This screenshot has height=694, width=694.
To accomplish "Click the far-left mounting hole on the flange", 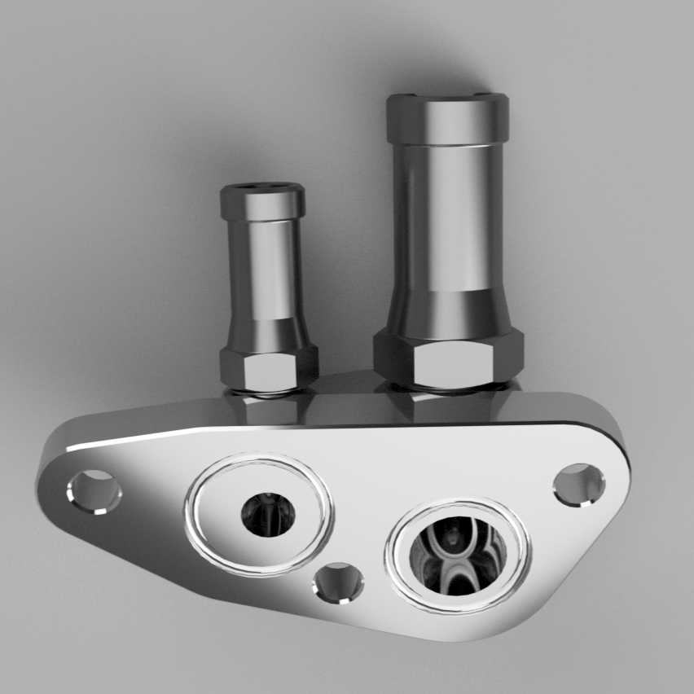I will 94,491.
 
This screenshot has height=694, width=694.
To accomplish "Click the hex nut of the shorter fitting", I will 268,370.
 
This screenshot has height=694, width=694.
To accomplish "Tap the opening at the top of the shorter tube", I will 263,187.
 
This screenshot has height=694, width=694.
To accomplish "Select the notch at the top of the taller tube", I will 447,97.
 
